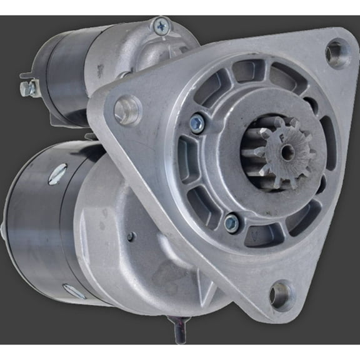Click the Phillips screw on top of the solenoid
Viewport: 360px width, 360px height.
[161, 26]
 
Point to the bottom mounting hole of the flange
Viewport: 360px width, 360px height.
[279, 294]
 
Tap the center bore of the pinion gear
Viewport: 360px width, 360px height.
[288, 151]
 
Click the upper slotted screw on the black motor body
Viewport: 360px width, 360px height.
[56, 174]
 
